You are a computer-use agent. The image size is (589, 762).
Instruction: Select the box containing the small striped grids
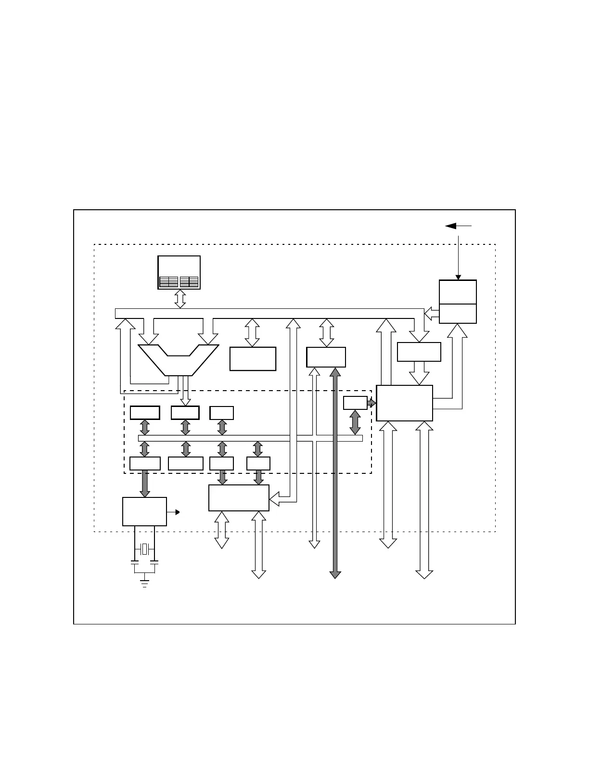point(179,272)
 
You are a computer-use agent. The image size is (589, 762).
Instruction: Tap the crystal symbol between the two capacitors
point(144,549)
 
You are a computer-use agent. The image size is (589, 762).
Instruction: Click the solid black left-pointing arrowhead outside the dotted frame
point(451,226)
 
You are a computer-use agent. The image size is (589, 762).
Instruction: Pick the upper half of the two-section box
point(458,292)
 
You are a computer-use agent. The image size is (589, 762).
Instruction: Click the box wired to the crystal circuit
point(144,511)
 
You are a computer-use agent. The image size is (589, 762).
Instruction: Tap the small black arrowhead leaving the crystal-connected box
point(178,512)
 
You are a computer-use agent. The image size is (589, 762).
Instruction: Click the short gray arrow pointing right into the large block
point(371,403)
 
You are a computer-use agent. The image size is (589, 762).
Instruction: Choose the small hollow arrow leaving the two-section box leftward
point(432,314)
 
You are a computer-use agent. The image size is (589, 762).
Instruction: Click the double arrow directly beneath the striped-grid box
point(179,298)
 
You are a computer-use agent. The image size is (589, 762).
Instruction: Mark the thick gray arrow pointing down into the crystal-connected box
point(145,484)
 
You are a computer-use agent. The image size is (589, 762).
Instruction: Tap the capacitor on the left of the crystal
point(134,561)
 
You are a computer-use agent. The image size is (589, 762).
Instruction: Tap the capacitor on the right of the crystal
point(154,561)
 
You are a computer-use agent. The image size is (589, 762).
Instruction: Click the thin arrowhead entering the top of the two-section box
point(458,277)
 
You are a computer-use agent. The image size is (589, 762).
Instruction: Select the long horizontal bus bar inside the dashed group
point(250,438)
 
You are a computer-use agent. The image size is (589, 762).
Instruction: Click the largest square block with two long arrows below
point(404,403)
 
